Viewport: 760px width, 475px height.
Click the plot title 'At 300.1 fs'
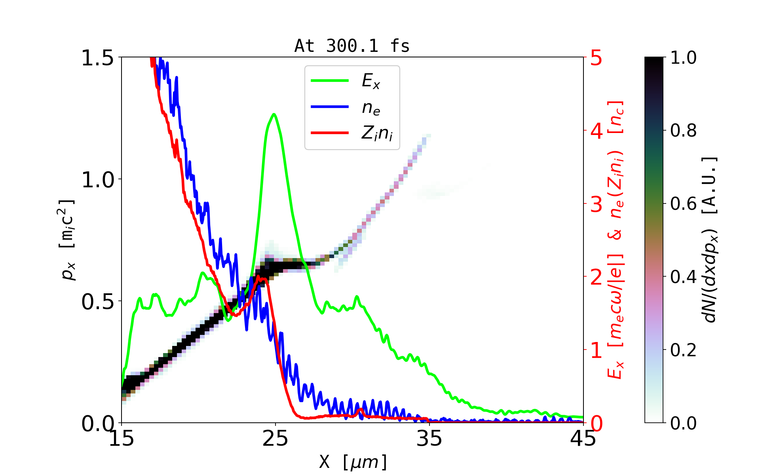click(352, 46)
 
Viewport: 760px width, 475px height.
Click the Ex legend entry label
click(371, 81)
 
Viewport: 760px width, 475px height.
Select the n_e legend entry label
click(371, 108)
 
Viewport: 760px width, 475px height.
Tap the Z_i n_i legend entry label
click(377, 133)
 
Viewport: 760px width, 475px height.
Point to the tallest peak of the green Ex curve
click(274, 114)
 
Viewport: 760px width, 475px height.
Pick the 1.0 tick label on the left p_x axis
click(97, 180)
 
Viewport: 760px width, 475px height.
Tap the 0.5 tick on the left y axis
click(97, 302)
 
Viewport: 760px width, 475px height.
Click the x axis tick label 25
click(275, 439)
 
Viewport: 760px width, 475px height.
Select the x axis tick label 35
click(429, 439)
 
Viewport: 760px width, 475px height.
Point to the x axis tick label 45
click(583, 439)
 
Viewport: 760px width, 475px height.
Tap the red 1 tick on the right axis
click(597, 350)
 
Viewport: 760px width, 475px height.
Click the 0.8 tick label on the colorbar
click(684, 131)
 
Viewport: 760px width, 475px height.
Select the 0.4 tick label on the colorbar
click(684, 277)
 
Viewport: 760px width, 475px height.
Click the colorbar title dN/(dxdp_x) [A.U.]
click(711, 240)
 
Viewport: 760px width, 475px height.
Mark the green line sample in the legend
click(330, 81)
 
